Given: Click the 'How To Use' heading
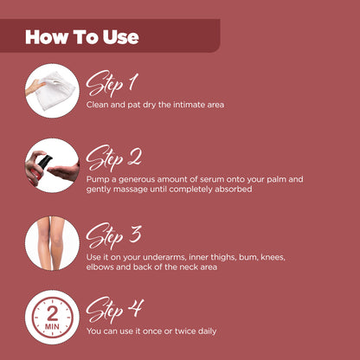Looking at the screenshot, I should pos(82,37).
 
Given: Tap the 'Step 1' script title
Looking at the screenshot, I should pos(112,83).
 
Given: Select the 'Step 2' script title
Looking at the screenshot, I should pos(114,158).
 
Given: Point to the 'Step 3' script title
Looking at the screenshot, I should pos(114,234).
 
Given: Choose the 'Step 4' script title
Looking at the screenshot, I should pos(114,310).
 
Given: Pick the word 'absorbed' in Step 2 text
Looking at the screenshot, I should pos(234,189).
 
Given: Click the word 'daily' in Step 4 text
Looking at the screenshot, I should pos(204,331).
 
